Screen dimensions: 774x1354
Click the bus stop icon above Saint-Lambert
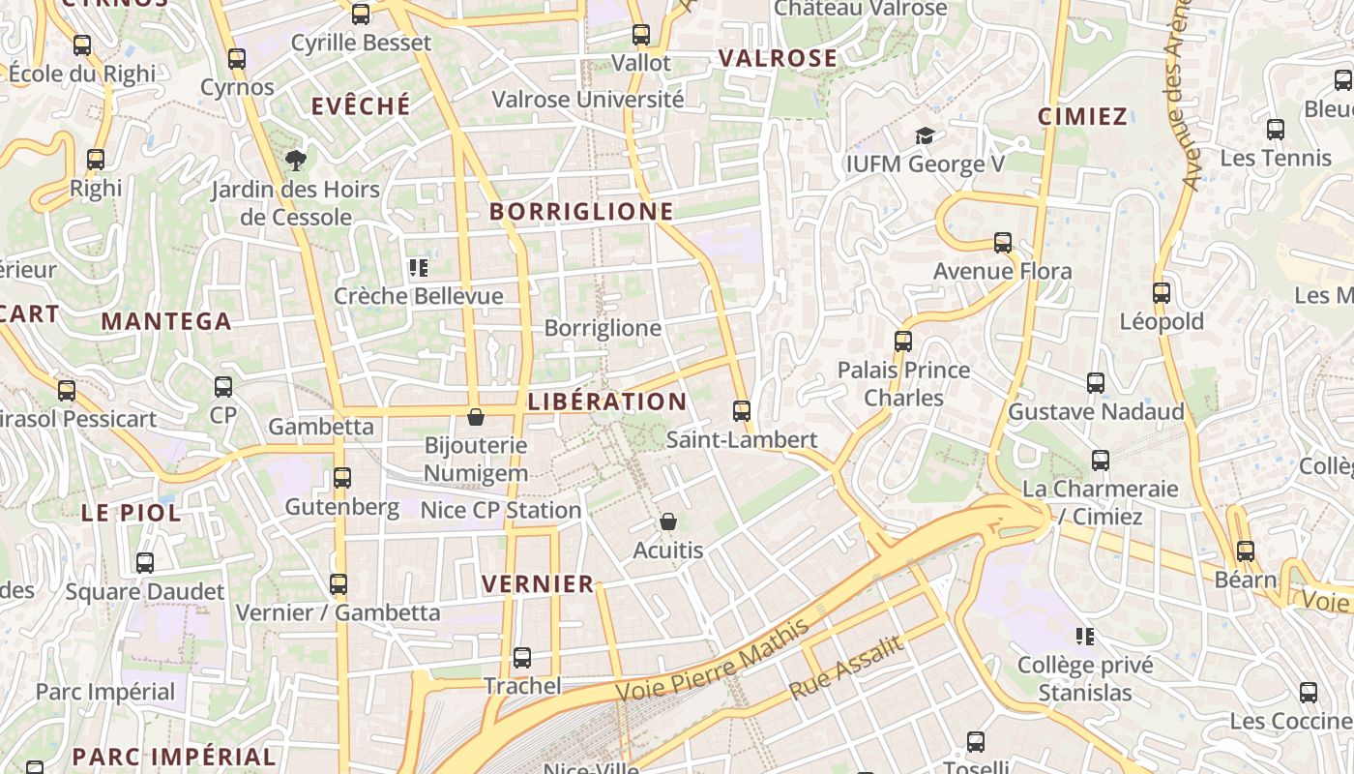[742, 411]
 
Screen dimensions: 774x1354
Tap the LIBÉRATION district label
[607, 402]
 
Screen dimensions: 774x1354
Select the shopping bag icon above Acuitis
[668, 521]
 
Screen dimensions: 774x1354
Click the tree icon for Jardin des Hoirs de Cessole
[295, 160]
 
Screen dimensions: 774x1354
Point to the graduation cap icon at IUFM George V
[926, 135]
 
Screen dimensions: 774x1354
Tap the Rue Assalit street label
[846, 669]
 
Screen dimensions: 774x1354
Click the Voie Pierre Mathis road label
[713, 662]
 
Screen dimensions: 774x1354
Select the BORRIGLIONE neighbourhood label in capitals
[581, 211]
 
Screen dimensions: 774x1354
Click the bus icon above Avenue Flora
[1003, 243]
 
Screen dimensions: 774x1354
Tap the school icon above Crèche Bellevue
[419, 268]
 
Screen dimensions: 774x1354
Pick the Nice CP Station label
[501, 510]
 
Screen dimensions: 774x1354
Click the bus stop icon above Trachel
[522, 658]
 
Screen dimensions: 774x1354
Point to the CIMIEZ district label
[1083, 117]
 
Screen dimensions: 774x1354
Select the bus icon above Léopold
[1162, 292]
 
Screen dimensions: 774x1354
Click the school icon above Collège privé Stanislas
[1085, 637]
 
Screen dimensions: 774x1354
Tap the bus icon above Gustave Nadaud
[1096, 383]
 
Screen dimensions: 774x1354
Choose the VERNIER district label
[538, 583]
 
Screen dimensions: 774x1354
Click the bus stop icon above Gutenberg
[342, 478]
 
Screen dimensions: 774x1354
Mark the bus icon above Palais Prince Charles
[903, 342]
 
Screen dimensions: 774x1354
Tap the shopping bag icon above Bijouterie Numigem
[476, 417]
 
